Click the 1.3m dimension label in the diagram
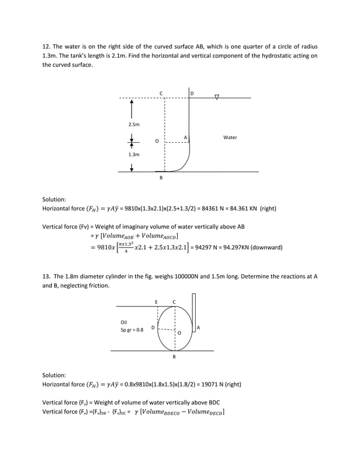coord(134,154)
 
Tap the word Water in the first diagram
coord(230,137)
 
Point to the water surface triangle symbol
coord(217,98)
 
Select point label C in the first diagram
coord(161,93)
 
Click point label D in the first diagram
coord(192,93)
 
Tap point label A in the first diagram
coord(185,137)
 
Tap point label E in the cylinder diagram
coord(157,302)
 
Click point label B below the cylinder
coord(174,357)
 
